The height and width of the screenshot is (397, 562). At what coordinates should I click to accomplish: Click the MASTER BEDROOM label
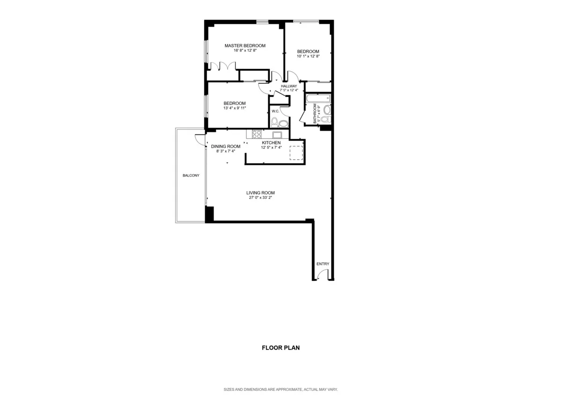[x=245, y=46]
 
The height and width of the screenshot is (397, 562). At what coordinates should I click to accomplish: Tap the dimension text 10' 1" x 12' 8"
[x=308, y=56]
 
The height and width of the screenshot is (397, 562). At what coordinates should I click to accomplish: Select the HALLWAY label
[x=289, y=86]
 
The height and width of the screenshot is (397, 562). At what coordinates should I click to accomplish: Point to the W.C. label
[x=275, y=111]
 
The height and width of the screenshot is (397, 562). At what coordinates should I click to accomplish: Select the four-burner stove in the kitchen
[x=257, y=134]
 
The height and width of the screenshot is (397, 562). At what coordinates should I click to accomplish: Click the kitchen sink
[x=277, y=134]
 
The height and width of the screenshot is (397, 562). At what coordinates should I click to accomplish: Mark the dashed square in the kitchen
[x=296, y=153]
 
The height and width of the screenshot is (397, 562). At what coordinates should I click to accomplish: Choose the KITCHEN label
[x=271, y=143]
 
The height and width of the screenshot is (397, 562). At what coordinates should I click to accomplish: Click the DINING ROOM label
[x=226, y=146]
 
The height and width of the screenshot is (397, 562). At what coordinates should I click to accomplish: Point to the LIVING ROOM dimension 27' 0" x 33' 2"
[x=260, y=198]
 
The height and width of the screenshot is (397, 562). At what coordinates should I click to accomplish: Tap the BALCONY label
[x=191, y=176]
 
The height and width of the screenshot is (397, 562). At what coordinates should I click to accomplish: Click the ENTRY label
[x=323, y=264]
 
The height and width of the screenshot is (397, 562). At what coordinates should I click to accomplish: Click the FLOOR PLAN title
[x=281, y=348]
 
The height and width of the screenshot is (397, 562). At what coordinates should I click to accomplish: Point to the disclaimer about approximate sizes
[x=281, y=390]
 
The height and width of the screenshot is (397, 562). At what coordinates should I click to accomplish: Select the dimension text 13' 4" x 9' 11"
[x=235, y=108]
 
